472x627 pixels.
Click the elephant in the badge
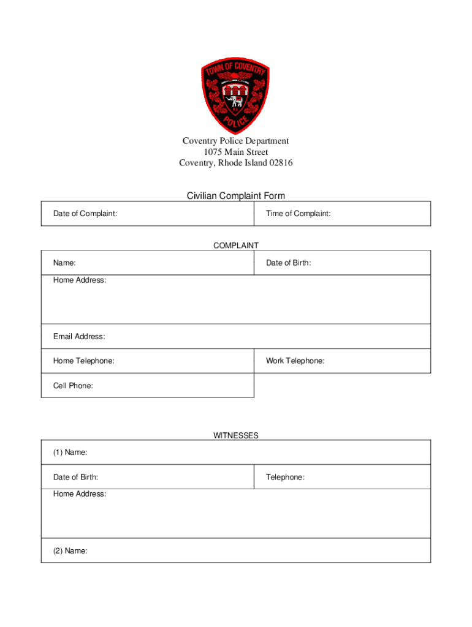[x=235, y=100]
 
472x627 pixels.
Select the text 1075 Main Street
[x=236, y=152]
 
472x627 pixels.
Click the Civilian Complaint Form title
[x=236, y=196]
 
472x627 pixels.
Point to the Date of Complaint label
[x=85, y=214]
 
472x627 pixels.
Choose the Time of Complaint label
[x=298, y=214]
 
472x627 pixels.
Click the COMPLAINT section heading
[x=236, y=246]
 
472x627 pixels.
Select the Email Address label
[x=79, y=336]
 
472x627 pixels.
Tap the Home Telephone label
[x=83, y=361]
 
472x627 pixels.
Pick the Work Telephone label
[x=295, y=361]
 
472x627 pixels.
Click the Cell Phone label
[x=73, y=386]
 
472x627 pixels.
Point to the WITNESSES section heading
[x=236, y=436]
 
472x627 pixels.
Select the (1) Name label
[x=70, y=452]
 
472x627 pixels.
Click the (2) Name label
[x=70, y=550]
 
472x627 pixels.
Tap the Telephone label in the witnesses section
[x=285, y=477]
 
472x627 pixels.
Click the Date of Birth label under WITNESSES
[x=75, y=477]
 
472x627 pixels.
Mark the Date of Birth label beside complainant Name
[x=288, y=263]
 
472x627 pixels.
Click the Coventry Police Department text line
[x=236, y=141]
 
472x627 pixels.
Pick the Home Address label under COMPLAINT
[x=80, y=280]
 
